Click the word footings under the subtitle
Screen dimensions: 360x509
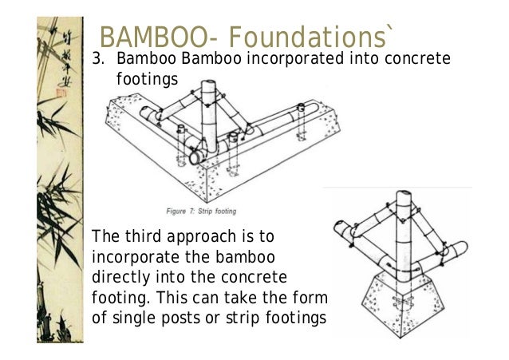(x=143, y=80)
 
